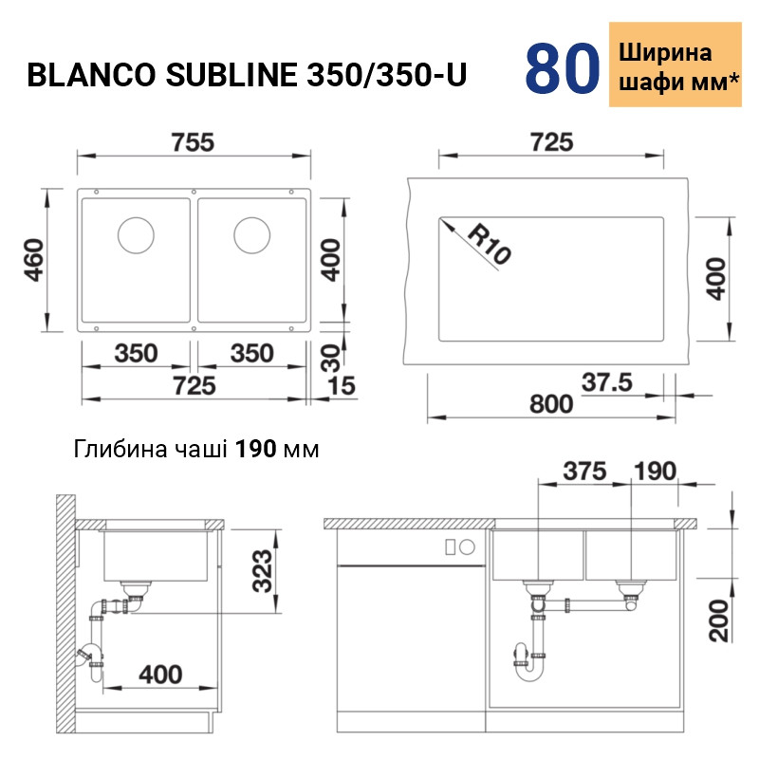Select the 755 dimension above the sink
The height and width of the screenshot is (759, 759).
193,142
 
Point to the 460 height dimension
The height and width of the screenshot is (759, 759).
34,260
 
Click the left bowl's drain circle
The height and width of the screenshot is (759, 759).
136,235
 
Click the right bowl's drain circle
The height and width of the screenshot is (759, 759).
251,235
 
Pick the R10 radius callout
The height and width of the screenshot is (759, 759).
489,245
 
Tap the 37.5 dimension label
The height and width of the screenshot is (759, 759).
607,382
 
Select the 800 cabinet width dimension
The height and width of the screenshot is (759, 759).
551,404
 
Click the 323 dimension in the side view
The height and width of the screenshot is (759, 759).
263,571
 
